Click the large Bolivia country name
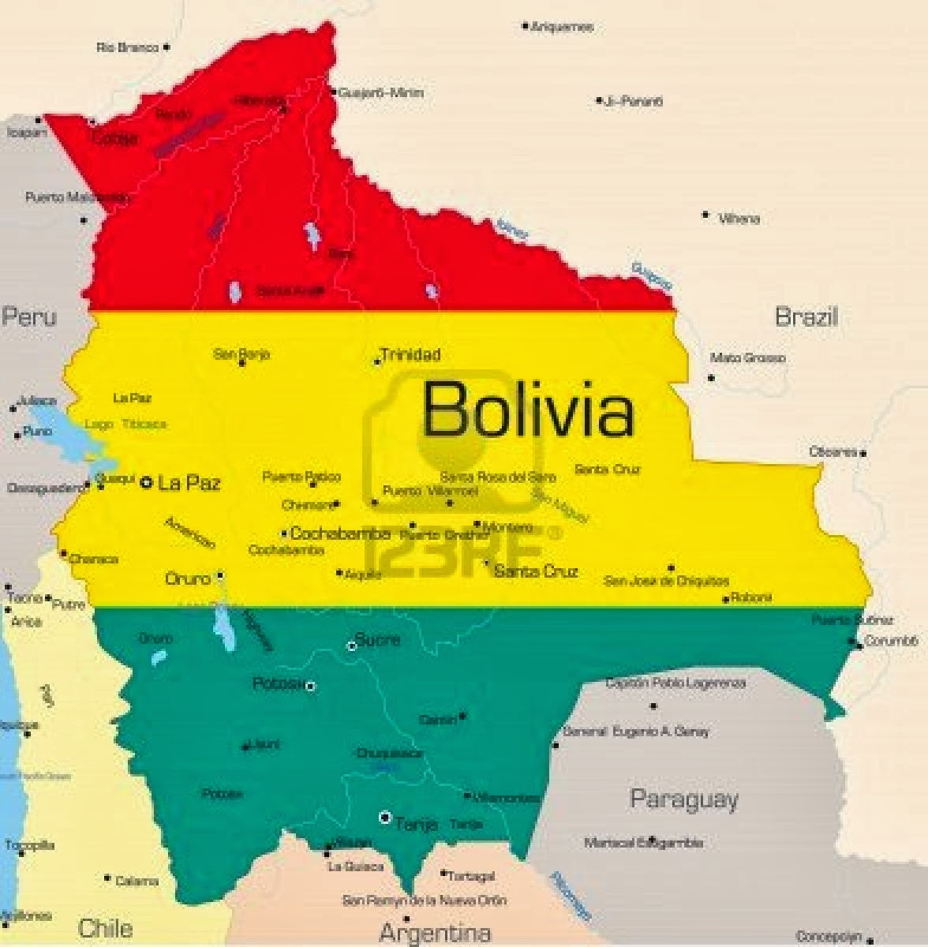pos(528,409)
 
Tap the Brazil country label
pos(806,317)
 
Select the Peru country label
pos(29,317)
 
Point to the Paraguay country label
pos(684,799)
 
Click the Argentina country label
pos(435,933)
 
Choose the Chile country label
pos(105,927)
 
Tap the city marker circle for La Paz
pos(146,481)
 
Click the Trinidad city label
pos(410,354)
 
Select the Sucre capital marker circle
pos(353,646)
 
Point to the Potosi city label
pos(278,683)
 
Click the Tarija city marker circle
pos(385,818)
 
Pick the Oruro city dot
pos(220,575)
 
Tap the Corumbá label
pos(892,641)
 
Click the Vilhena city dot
pos(705,214)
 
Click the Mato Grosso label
pos(747,358)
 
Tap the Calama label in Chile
pos(137,881)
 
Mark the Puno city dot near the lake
pos(17,434)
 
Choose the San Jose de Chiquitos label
pos(666,582)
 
